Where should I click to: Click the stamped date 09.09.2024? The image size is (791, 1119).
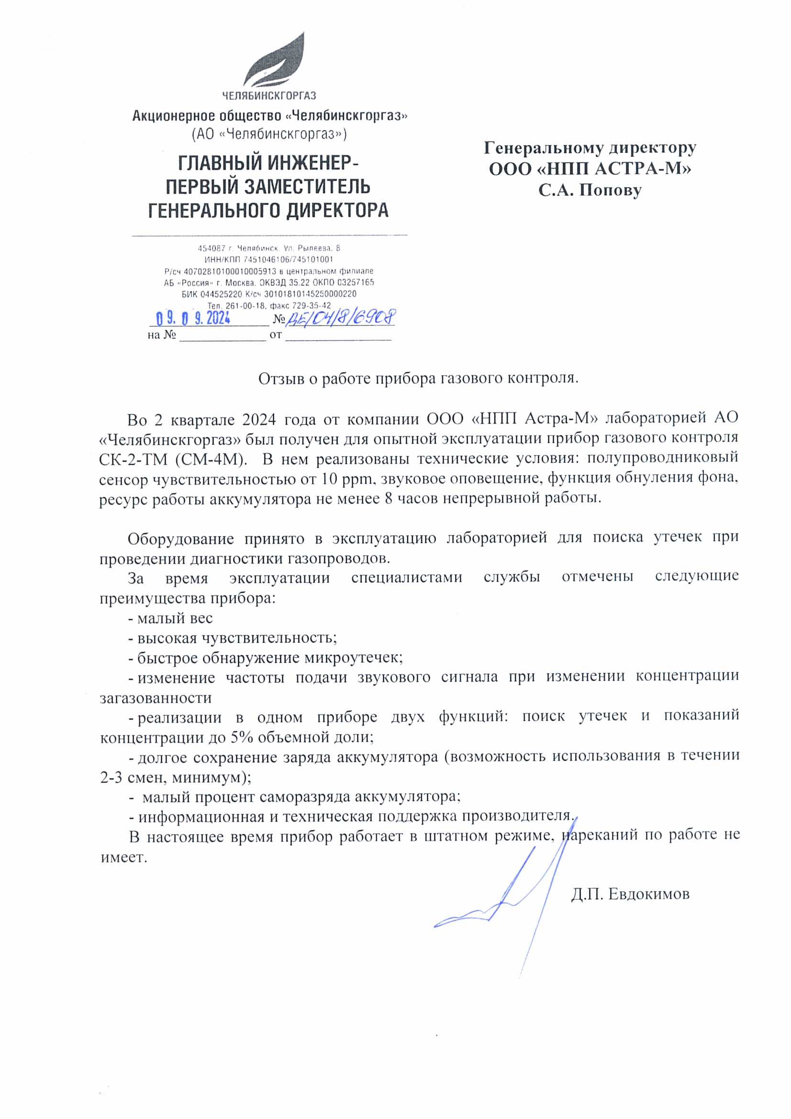coord(193,319)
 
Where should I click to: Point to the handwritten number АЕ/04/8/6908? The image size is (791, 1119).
coord(340,318)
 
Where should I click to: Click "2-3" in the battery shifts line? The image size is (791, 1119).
coord(111,777)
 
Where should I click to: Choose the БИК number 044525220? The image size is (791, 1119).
coord(221,294)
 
